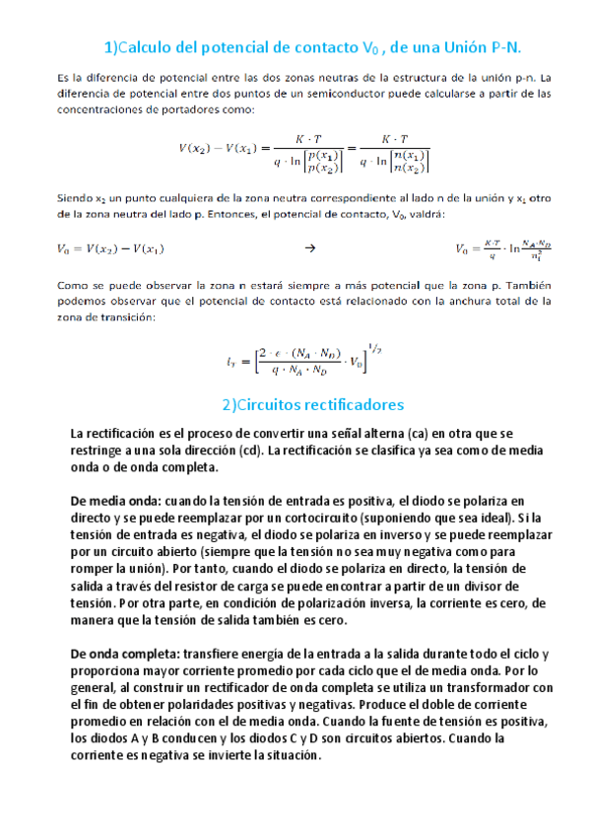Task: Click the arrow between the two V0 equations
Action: [309, 248]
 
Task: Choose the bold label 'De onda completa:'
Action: [126, 654]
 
